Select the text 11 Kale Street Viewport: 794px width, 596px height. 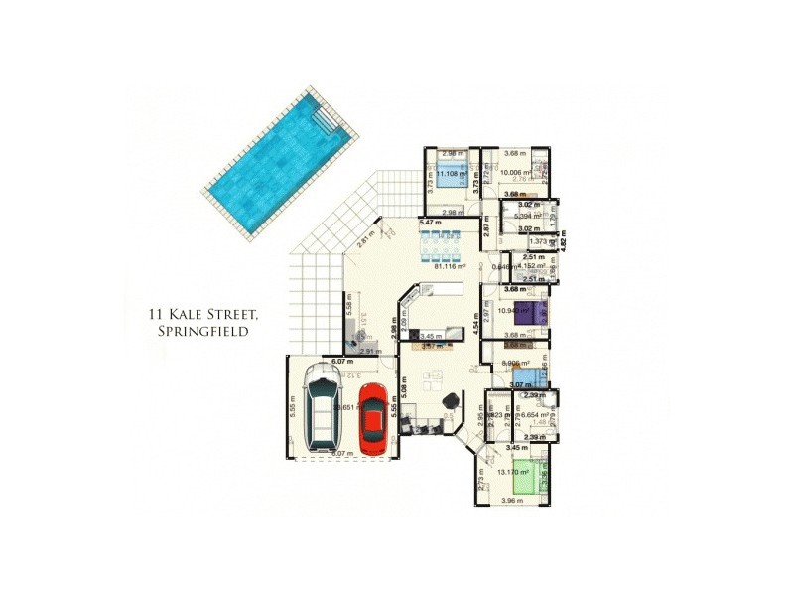[x=202, y=315]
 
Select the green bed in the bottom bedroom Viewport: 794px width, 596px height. [x=537, y=476]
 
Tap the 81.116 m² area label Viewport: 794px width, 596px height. [x=451, y=266]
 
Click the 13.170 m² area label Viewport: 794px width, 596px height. [x=513, y=472]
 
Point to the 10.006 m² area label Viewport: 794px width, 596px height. [x=516, y=172]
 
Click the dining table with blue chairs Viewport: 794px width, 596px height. [x=443, y=242]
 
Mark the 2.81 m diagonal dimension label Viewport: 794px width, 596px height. [x=366, y=238]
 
